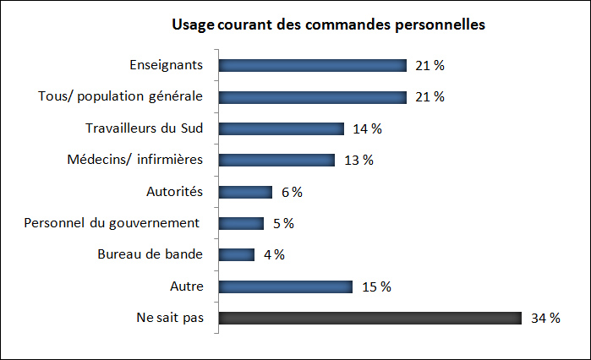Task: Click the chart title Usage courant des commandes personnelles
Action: (328, 25)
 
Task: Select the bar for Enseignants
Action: (313, 66)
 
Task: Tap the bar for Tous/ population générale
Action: (313, 97)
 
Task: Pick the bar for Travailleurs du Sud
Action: (282, 129)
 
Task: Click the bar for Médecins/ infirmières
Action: (277, 161)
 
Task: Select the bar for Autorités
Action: (246, 192)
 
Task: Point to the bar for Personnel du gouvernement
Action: (242, 224)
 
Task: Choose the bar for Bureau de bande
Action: (237, 255)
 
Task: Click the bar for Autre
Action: (286, 286)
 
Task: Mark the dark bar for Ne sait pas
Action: (370, 319)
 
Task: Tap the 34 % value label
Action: (546, 319)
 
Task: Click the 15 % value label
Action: (376, 286)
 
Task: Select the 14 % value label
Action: (368, 129)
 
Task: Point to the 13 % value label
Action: (358, 161)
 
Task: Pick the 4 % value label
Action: (274, 255)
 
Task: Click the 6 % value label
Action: (292, 192)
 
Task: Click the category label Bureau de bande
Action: (156, 255)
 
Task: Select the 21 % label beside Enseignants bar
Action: (430, 66)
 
